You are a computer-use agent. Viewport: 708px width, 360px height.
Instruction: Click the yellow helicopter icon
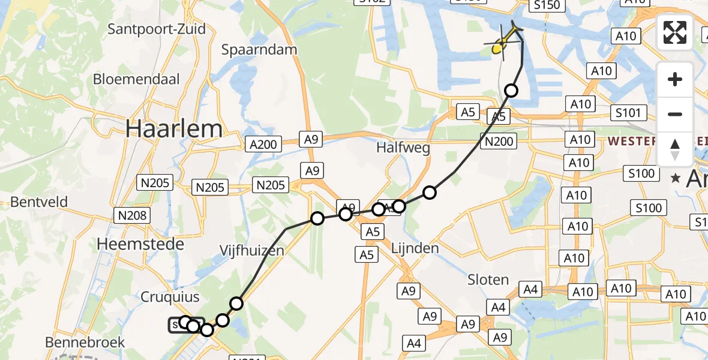(x=503, y=40)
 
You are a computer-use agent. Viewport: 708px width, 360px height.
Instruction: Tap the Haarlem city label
(x=173, y=128)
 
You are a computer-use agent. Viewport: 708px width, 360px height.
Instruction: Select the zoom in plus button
(x=675, y=80)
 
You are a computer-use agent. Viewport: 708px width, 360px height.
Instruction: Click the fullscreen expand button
(x=675, y=32)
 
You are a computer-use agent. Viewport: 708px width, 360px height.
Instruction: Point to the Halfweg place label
(x=403, y=148)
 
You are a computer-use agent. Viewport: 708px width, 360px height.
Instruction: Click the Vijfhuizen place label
(x=251, y=251)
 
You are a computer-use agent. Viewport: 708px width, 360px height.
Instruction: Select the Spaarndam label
(x=259, y=50)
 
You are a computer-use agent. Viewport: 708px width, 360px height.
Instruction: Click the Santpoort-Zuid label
(x=156, y=29)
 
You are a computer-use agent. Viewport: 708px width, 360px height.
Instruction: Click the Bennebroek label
(x=84, y=342)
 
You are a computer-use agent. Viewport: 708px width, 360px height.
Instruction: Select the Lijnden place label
(x=415, y=248)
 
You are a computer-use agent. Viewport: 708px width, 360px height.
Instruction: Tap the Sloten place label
(x=488, y=280)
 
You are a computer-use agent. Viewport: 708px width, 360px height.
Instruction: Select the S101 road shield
(x=628, y=113)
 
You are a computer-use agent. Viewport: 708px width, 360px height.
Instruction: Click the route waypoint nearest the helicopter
(x=511, y=91)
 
